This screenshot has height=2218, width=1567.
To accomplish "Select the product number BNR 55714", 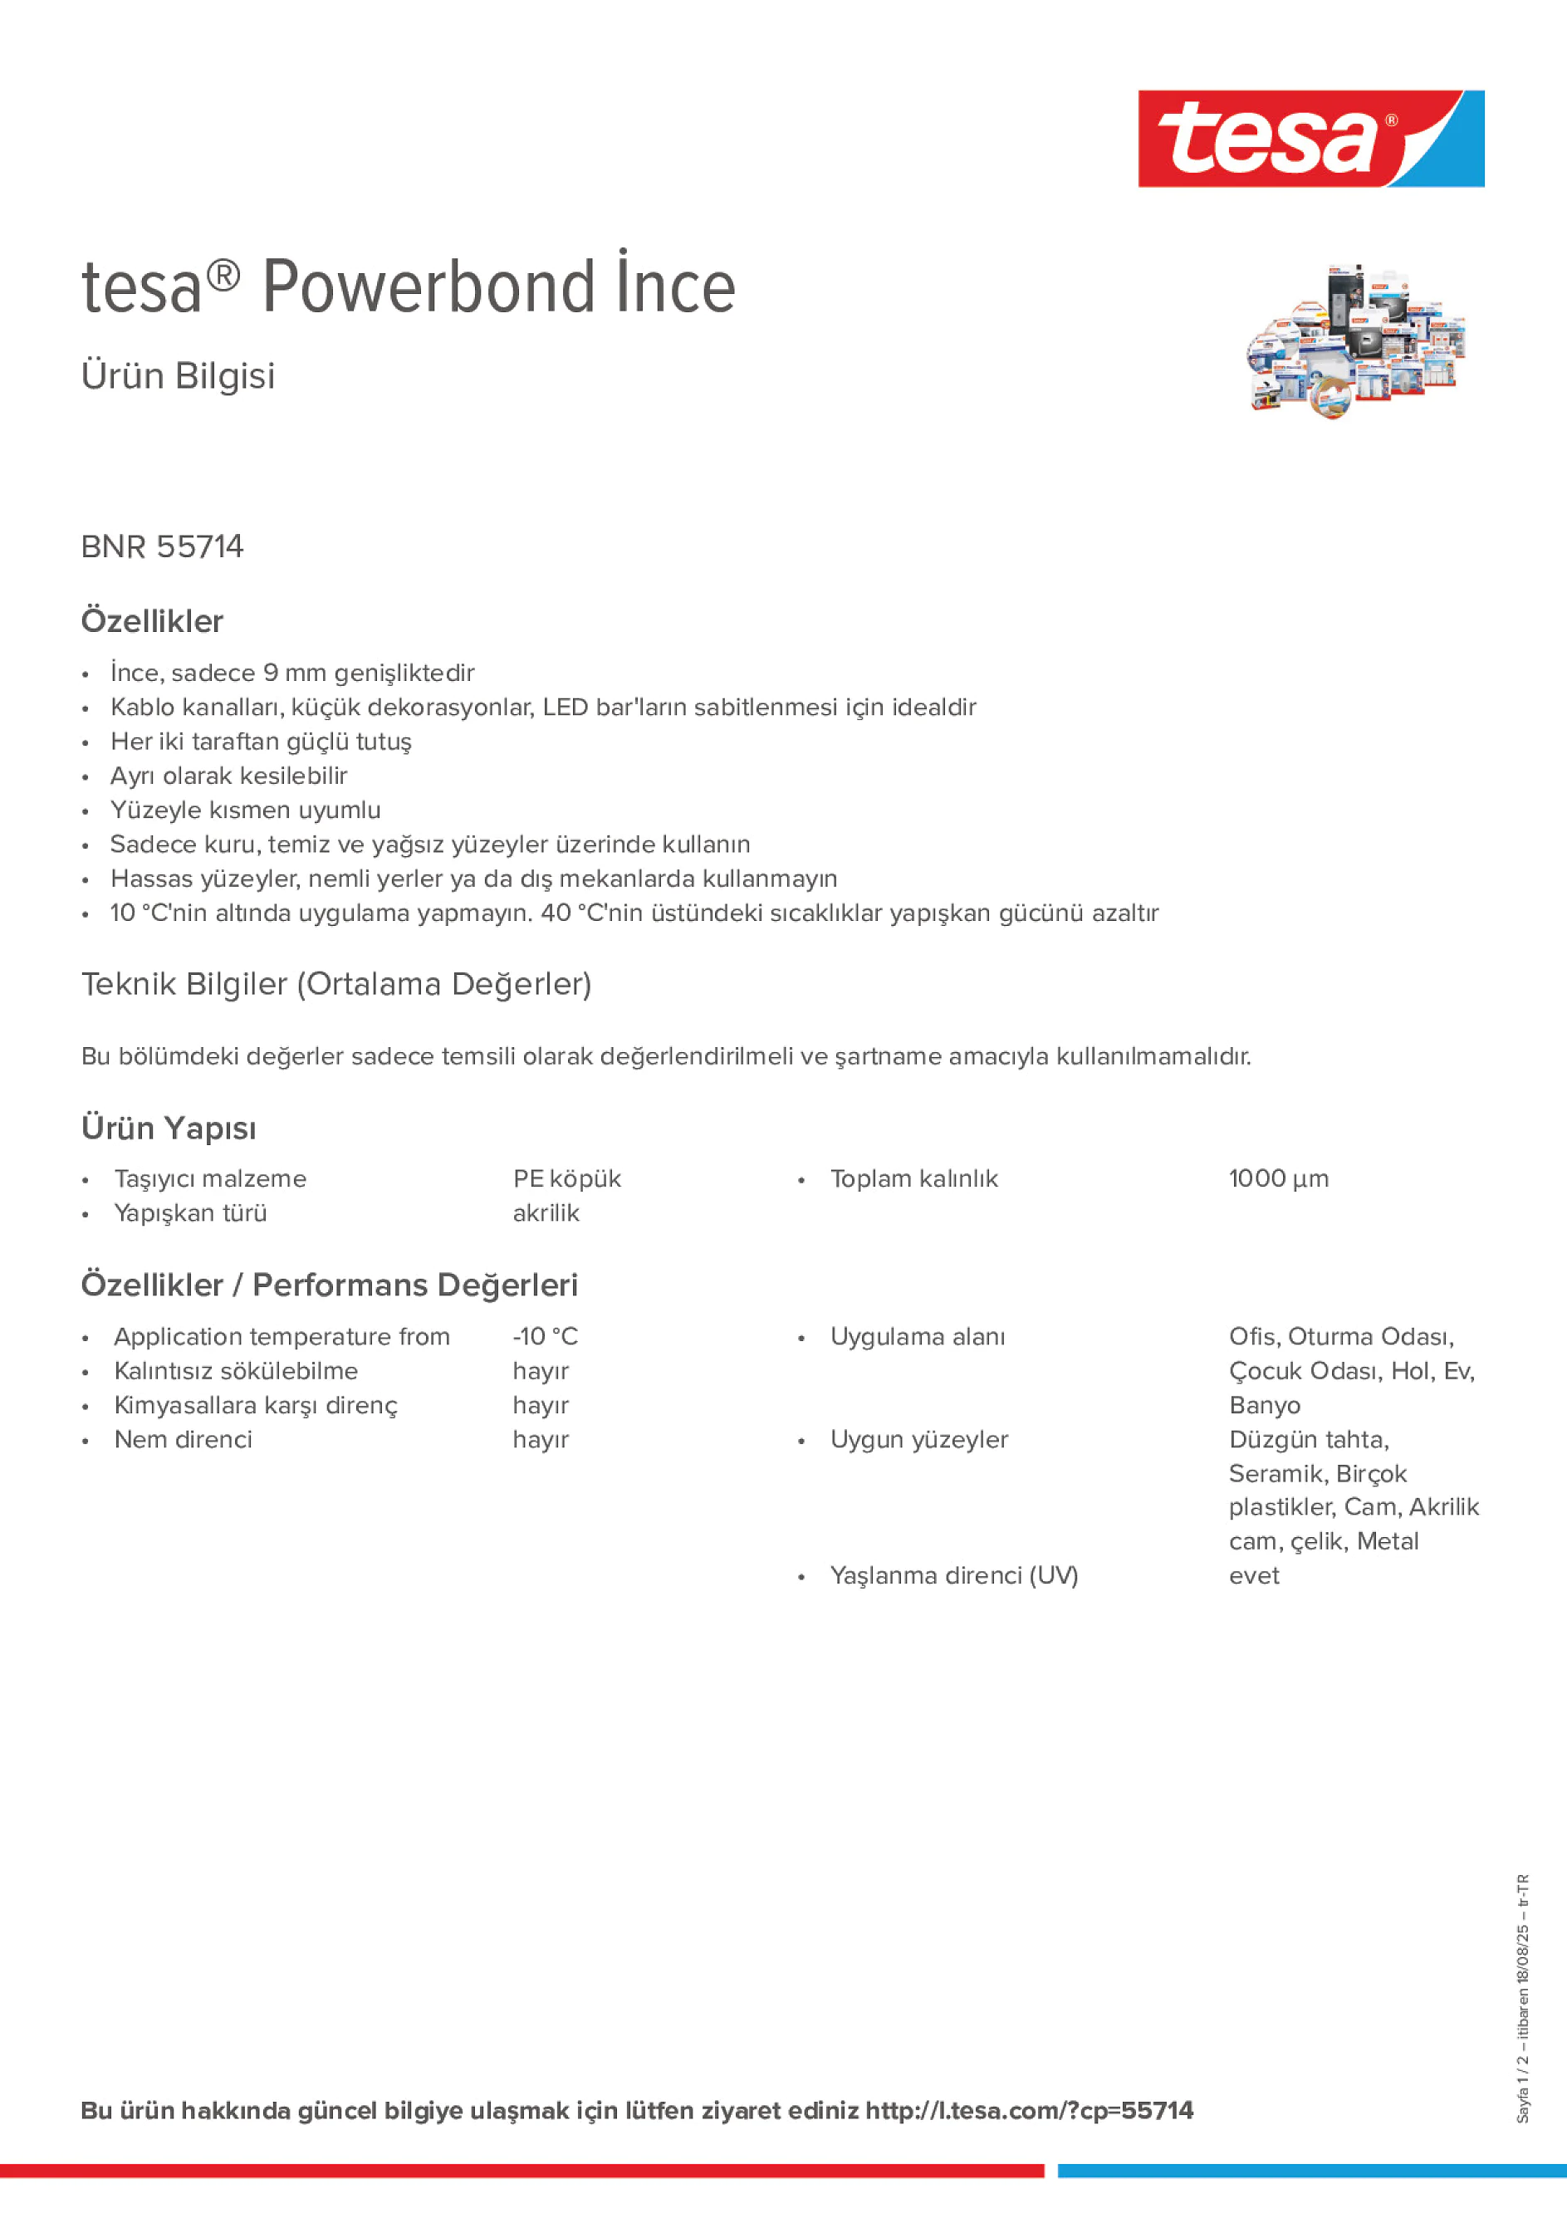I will point(162,546).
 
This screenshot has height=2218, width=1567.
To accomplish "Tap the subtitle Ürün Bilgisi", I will point(178,376).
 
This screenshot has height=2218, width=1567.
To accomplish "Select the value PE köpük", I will point(566,1178).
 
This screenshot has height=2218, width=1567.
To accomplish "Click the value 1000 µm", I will point(1278,1178).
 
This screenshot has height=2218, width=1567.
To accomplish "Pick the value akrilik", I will point(546,1212).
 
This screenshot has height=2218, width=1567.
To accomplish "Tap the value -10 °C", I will point(545,1336).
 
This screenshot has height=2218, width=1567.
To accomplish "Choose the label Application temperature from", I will point(282,1336).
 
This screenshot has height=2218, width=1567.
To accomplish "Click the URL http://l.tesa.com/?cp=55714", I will point(1029,2110).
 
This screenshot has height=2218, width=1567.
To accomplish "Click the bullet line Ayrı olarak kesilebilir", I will point(228,776).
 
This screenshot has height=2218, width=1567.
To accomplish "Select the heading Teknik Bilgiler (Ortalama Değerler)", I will point(336,983).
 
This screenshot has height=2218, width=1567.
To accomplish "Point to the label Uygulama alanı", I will point(917,1336).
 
